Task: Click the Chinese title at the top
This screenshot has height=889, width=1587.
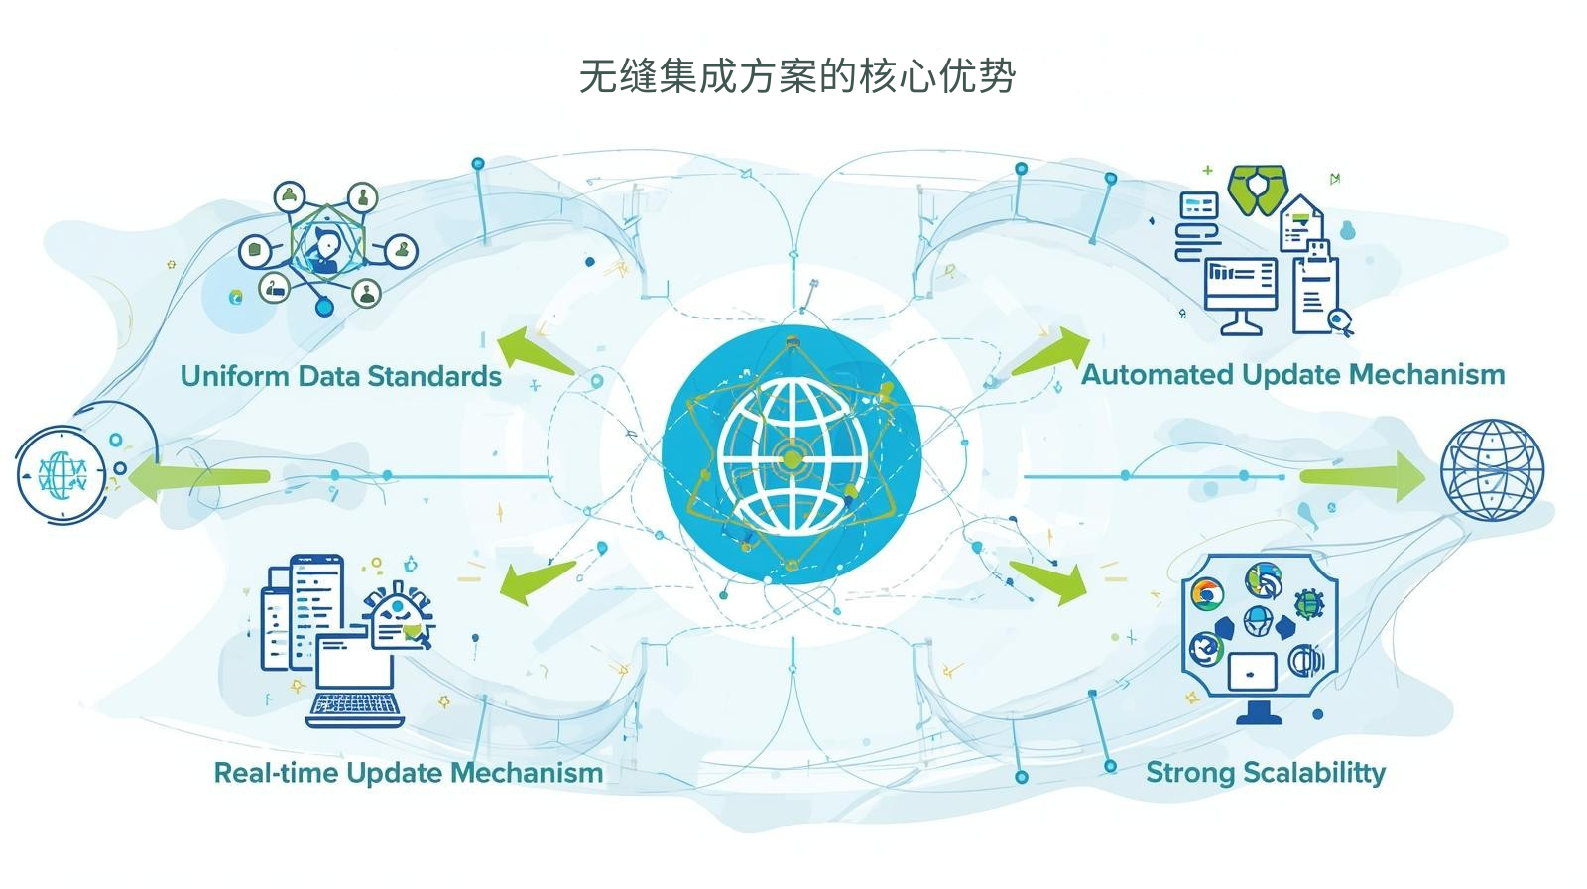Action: tap(796, 75)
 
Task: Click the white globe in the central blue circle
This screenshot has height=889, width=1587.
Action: tap(792, 454)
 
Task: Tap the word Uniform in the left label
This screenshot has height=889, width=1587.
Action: tap(234, 376)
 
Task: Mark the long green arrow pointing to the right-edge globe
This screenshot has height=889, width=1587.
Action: tap(1361, 476)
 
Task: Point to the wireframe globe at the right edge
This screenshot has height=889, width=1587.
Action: tap(1492, 470)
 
